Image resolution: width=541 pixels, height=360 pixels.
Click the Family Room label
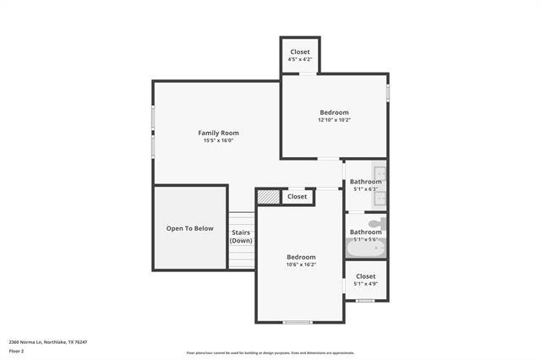tap(218, 133)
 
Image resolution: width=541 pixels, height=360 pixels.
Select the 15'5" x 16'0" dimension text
tap(218, 141)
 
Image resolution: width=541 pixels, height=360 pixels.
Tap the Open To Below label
tap(189, 228)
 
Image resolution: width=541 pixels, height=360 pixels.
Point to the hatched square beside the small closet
tap(268, 197)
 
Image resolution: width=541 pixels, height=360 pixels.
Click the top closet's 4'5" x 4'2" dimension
tap(300, 59)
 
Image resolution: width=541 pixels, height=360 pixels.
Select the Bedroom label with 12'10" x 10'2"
tap(334, 112)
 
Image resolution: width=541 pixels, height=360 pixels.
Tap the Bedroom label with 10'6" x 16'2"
tap(301, 257)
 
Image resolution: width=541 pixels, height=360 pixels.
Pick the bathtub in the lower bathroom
tap(366, 248)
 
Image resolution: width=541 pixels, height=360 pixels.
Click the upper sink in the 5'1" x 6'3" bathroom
tap(380, 172)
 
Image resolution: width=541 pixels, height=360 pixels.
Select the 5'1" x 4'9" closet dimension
tap(366, 284)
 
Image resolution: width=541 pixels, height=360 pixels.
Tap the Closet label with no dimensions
tap(297, 197)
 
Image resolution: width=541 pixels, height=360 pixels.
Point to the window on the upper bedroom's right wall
tap(388, 89)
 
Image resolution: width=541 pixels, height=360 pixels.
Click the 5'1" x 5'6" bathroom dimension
tap(366, 240)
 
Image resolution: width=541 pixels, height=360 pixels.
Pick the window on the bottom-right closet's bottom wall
tap(366, 300)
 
